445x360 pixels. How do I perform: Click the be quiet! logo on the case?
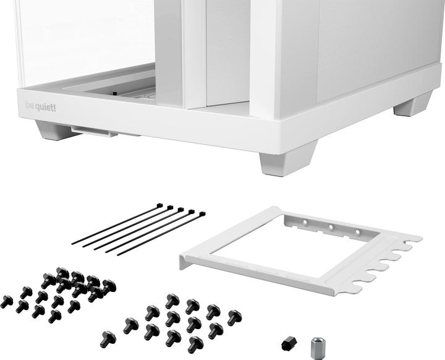pyautogui.click(x=41, y=106)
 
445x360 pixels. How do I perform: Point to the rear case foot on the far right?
pyautogui.click(x=413, y=105)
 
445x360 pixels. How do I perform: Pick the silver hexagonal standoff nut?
pyautogui.click(x=318, y=344)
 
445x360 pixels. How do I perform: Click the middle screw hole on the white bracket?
pyautogui.click(x=331, y=226)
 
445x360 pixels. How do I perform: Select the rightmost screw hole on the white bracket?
pyautogui.click(x=357, y=232)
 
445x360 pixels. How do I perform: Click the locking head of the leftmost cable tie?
pyautogui.click(x=159, y=205)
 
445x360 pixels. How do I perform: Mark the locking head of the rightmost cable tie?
pyautogui.click(x=201, y=215)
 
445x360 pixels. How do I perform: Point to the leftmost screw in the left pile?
pyautogui.click(x=6, y=301)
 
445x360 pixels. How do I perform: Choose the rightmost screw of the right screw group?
pyautogui.click(x=234, y=317)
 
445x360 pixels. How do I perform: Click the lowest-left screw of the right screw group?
pyautogui.click(x=108, y=338)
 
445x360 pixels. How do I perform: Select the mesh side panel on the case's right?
pyautogui.click(x=371, y=43)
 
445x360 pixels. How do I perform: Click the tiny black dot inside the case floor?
pyautogui.click(x=115, y=94)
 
